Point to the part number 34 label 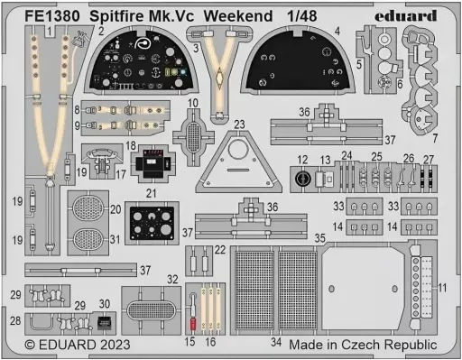276,342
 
